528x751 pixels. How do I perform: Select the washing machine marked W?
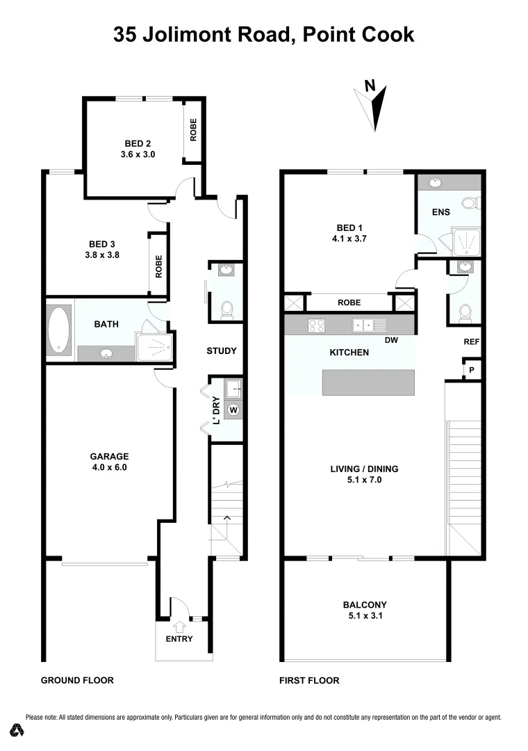(233, 410)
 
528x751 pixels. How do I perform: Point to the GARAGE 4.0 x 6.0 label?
(109, 462)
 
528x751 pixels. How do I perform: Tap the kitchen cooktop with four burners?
(317, 325)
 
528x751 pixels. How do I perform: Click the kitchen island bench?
(368, 382)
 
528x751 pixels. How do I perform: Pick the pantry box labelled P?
(472, 371)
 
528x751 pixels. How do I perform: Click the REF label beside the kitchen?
(472, 342)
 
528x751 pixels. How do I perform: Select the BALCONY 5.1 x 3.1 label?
(365, 610)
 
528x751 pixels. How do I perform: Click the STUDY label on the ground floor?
(222, 350)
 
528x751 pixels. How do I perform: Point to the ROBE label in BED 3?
(159, 267)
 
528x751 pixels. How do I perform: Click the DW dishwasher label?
(391, 341)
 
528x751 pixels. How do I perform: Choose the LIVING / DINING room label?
(364, 474)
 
